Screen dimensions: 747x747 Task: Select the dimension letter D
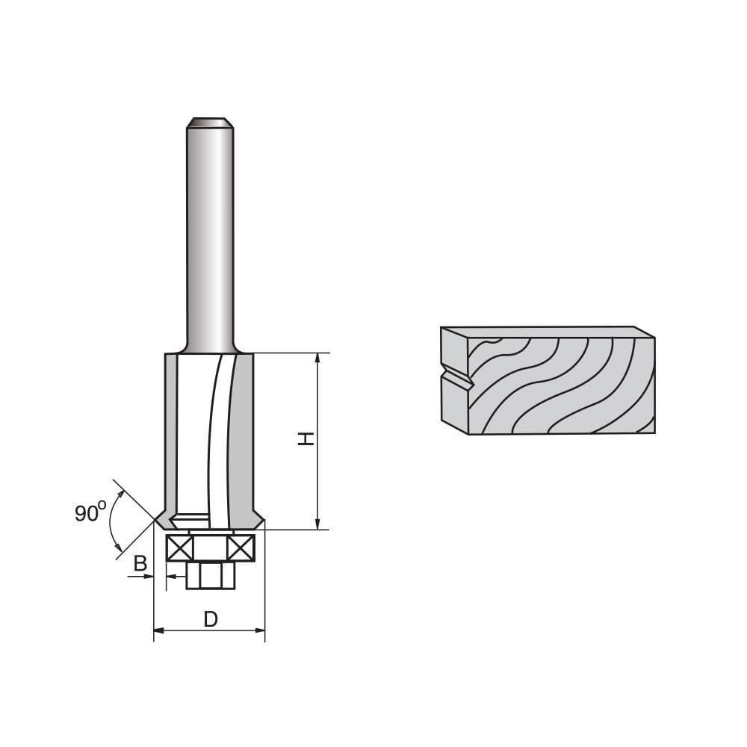(x=211, y=619)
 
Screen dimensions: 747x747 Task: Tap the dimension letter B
(x=140, y=564)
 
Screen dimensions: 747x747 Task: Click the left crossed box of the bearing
(x=179, y=548)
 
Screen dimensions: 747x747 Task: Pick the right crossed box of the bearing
(x=241, y=548)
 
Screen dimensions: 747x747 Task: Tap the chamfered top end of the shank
(x=210, y=123)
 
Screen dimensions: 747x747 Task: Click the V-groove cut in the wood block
(x=457, y=378)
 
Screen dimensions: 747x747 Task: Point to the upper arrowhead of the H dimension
(x=318, y=359)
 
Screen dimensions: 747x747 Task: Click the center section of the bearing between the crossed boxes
(x=210, y=548)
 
